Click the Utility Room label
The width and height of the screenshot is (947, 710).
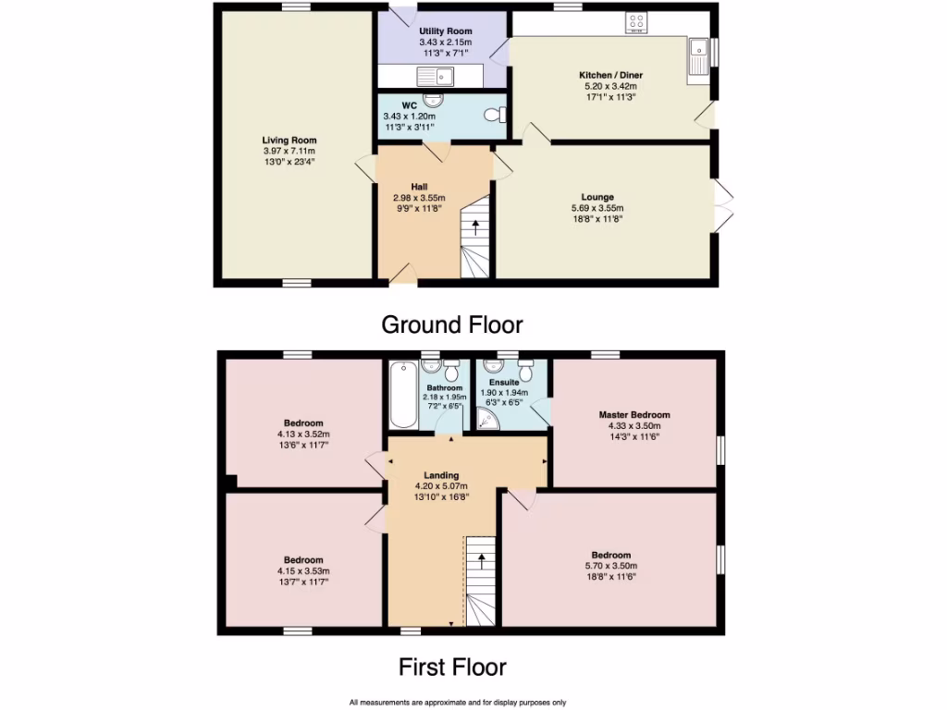[x=445, y=31]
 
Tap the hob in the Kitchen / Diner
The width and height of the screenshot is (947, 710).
[x=636, y=21]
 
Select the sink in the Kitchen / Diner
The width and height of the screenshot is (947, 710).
[x=696, y=54]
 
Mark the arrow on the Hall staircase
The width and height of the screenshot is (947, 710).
[x=476, y=227]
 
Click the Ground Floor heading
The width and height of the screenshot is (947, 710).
[x=452, y=324]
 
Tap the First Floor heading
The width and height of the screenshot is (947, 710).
[x=452, y=666]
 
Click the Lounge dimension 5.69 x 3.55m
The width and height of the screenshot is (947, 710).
[x=598, y=209]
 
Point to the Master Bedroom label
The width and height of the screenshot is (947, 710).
[x=633, y=415]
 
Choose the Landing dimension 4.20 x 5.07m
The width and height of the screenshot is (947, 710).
[x=441, y=486]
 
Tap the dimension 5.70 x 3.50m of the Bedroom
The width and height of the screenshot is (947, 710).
[x=610, y=566]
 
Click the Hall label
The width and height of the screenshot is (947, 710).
[x=419, y=186]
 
